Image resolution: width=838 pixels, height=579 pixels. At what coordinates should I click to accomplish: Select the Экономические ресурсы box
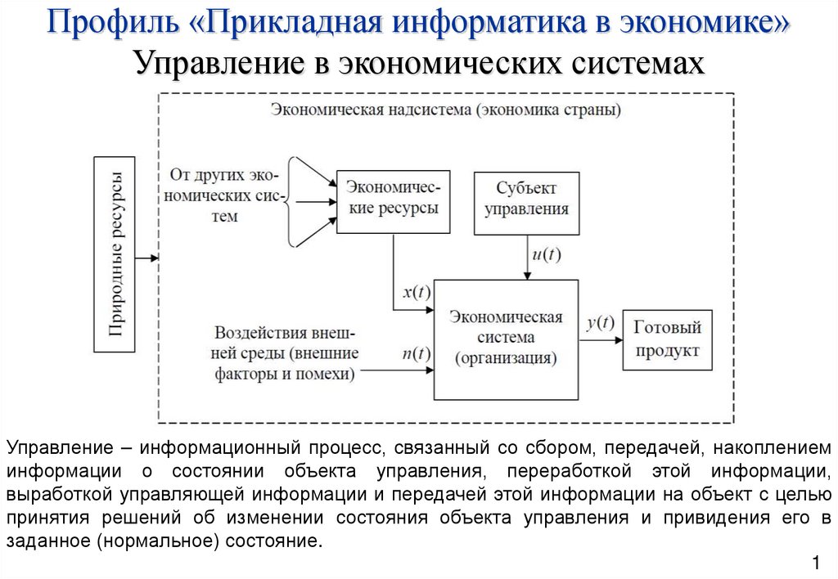coord(393,198)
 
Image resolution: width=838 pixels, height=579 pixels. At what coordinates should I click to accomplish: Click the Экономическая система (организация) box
coord(506,338)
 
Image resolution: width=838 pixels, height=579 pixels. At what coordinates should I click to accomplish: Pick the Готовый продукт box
coord(667,339)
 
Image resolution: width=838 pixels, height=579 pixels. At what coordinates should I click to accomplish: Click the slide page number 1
coord(816,562)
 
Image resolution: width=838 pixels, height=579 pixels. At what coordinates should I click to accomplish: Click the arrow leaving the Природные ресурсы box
coord(147,258)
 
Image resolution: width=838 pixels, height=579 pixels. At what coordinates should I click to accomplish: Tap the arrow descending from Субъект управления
coord(525,258)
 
